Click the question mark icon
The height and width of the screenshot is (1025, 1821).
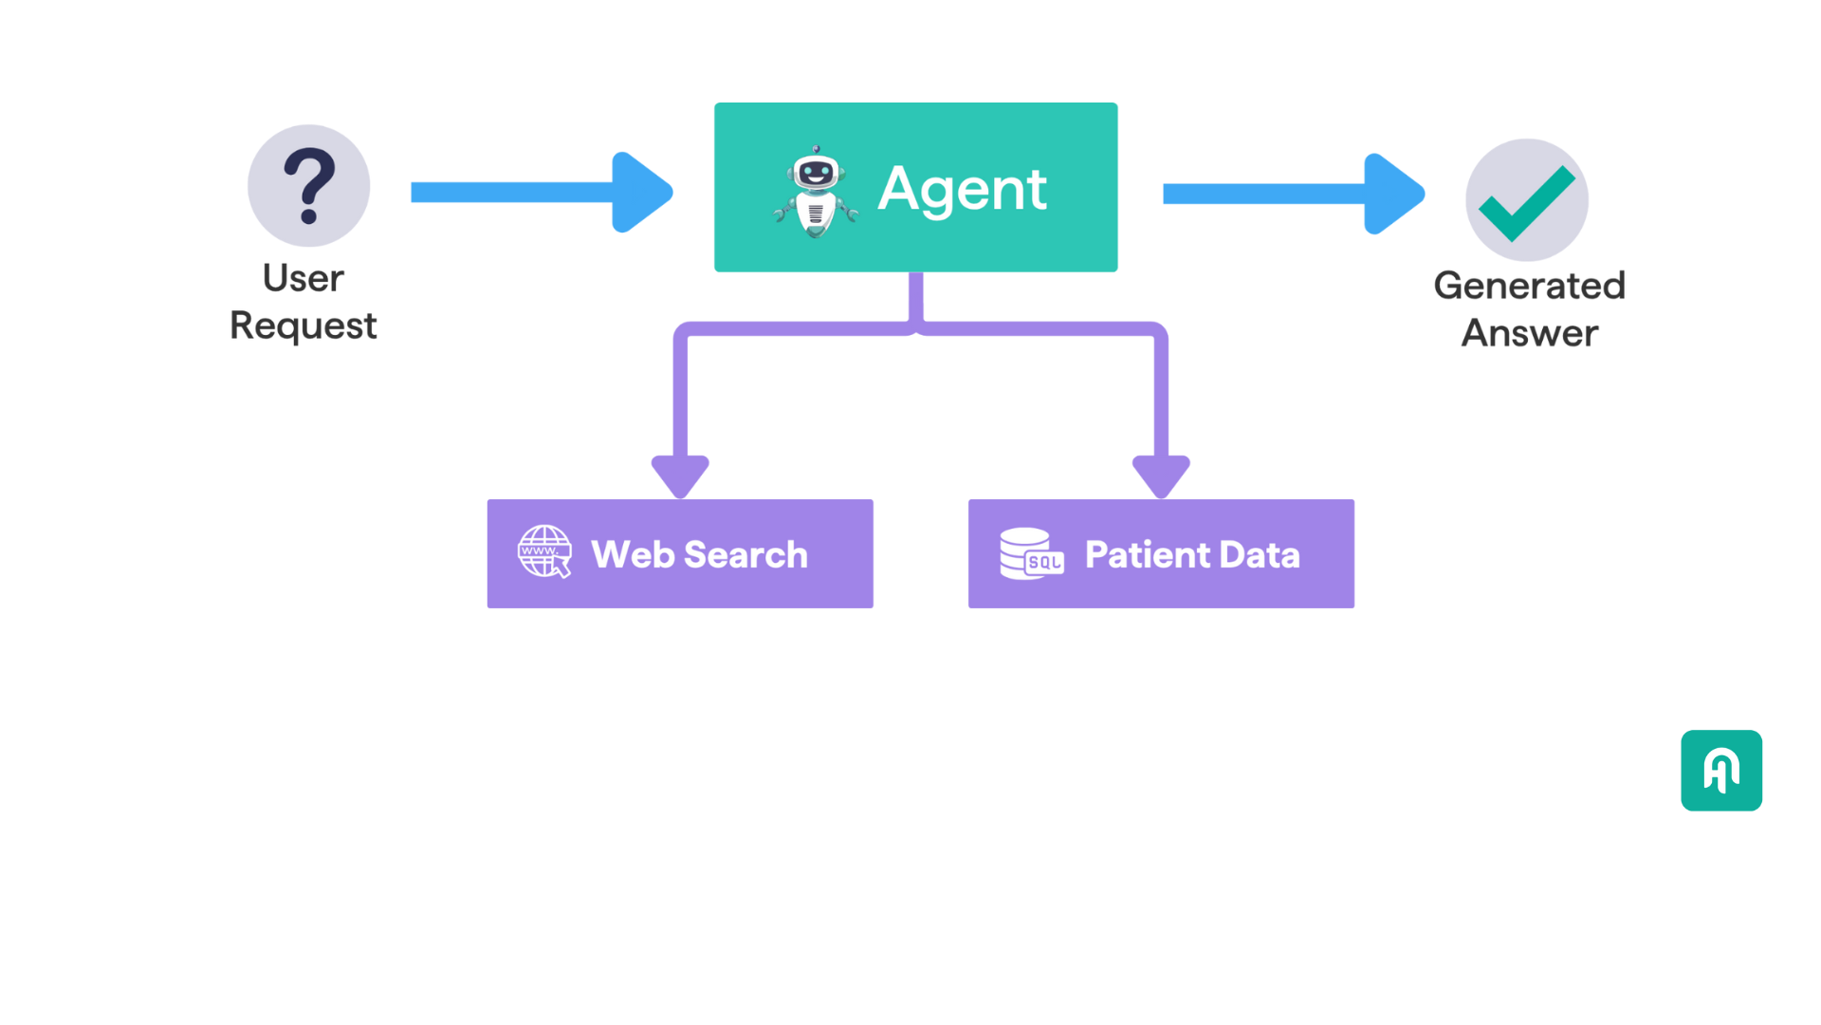point(308,186)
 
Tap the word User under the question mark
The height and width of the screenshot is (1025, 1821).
point(303,278)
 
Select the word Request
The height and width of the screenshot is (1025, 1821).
point(303,326)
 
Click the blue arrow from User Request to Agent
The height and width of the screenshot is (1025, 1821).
point(541,193)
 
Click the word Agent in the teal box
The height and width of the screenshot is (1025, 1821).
point(962,189)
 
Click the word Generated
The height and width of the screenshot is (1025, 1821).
point(1529,286)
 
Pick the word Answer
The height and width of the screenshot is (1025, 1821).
point(1529,333)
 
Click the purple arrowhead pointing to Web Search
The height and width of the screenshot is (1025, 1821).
point(680,475)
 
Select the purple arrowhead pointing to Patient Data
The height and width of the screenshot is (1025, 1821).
point(1161,475)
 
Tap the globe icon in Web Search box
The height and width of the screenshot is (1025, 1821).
point(544,551)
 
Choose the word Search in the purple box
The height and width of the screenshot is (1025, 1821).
point(745,554)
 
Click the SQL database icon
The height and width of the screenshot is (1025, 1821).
point(1031,553)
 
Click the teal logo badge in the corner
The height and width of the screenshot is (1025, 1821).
point(1721,770)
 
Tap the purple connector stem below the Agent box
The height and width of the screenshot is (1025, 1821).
point(915,299)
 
